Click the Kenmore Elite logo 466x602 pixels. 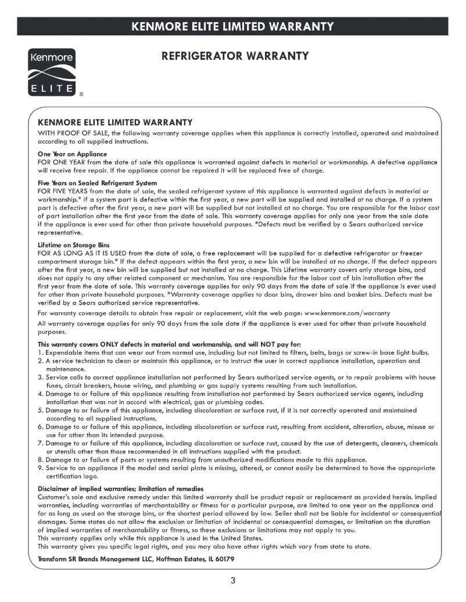(49, 72)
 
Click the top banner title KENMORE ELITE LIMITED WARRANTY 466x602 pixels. (232, 26)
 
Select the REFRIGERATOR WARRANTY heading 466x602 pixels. (234, 56)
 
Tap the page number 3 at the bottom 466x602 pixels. (232, 582)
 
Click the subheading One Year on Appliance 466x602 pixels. (72, 154)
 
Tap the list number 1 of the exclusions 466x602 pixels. (40, 353)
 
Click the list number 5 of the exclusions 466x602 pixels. (40, 410)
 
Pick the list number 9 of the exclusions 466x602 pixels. (40, 467)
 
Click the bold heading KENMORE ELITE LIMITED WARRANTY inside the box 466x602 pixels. (114, 122)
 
